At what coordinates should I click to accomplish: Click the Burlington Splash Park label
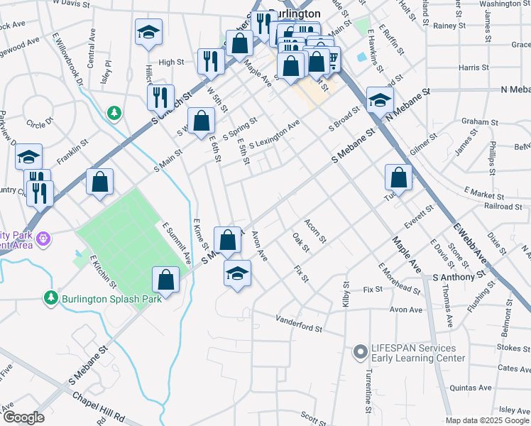pos(111,297)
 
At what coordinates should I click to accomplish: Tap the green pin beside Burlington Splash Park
pos(51,297)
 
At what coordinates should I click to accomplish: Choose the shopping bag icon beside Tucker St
pos(399,177)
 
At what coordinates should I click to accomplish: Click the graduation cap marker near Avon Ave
pos(237,273)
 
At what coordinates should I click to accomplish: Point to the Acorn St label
pos(315,231)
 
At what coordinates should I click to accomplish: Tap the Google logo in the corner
pos(23,417)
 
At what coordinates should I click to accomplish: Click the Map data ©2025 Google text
pos(487,420)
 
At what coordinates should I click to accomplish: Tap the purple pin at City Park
pos(44,238)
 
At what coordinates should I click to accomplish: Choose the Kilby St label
pos(346,294)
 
